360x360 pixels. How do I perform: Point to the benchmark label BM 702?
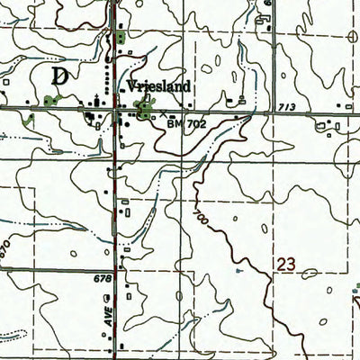(x=184, y=125)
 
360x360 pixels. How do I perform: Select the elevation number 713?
(x=286, y=106)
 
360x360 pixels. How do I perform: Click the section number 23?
(x=286, y=266)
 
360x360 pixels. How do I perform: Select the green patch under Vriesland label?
(x=142, y=110)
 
